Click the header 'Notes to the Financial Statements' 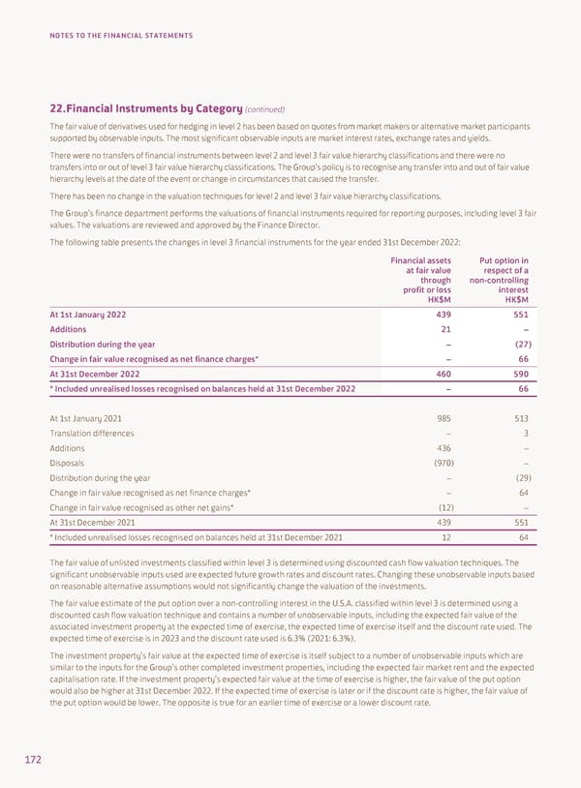coord(121,36)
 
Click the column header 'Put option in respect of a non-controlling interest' coord(497,280)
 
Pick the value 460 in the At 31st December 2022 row coord(441,374)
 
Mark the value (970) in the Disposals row coord(439,463)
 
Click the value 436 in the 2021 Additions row coord(441,448)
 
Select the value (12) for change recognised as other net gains coord(441,508)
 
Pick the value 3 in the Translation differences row coord(524,434)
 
